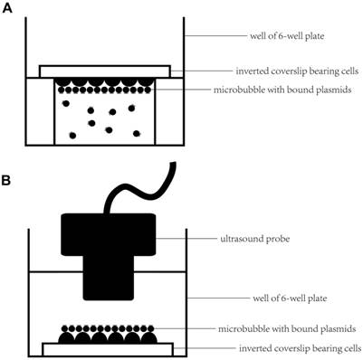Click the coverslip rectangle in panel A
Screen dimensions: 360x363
click(104, 71)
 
